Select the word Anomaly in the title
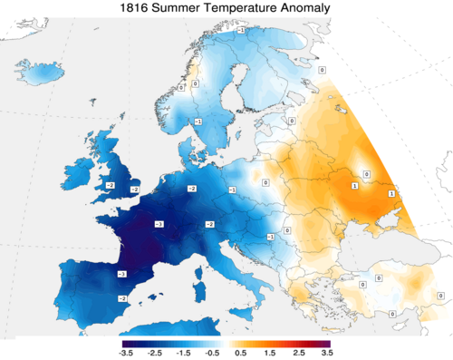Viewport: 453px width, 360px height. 304,9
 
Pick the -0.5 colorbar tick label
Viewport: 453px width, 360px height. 213,352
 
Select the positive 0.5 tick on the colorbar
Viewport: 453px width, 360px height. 240,352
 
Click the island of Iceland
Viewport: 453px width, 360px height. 38,71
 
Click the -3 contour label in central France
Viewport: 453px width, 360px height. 159,223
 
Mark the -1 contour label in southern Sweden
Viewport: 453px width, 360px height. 198,121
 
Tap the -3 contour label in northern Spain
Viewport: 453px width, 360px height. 121,273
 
